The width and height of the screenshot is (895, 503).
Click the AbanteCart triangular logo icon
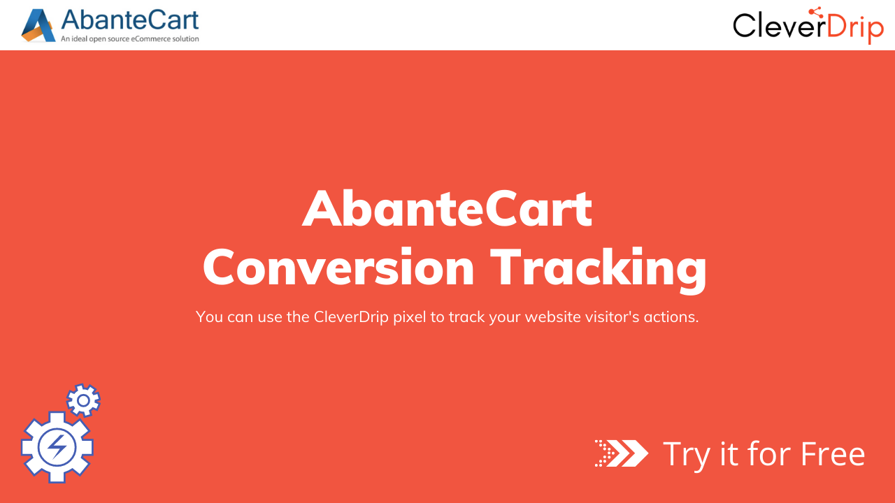click(38, 26)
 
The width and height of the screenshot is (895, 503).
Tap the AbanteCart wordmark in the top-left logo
click(130, 20)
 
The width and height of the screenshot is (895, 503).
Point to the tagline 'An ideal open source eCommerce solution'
click(130, 38)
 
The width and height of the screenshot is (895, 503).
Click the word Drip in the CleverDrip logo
click(855, 28)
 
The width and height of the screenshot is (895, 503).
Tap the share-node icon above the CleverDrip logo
click(815, 13)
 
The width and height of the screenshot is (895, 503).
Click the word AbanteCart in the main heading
click(447, 208)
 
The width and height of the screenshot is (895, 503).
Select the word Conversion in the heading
click(338, 267)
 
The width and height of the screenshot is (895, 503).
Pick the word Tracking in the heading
click(598, 268)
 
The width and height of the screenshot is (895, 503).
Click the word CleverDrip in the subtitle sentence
click(351, 316)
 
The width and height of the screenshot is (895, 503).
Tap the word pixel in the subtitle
click(410, 317)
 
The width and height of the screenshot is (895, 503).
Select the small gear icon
click(83, 400)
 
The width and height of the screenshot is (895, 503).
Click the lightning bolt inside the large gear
click(57, 447)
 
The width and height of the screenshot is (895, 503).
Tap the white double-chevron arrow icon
click(622, 453)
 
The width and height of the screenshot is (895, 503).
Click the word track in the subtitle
click(466, 316)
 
